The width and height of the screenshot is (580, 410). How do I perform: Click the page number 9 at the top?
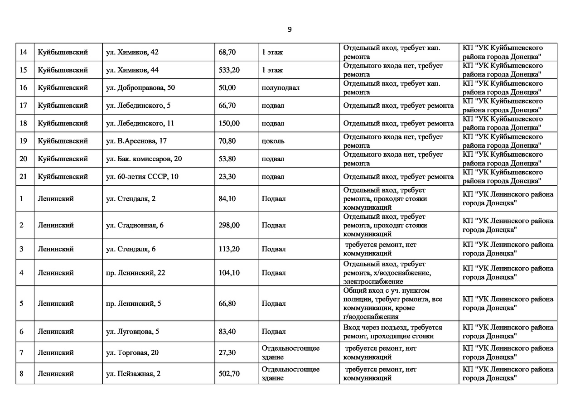point(290,29)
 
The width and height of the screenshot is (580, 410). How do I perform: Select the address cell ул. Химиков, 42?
point(132,52)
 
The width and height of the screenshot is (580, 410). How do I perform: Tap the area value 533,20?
point(229,70)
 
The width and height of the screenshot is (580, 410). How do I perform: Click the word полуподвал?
point(280,88)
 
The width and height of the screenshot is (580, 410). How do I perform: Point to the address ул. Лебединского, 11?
point(140,123)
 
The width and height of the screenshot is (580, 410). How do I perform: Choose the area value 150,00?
point(229,123)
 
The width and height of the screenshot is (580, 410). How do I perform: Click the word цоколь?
point(273,141)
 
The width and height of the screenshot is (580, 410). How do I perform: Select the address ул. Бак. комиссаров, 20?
point(144,159)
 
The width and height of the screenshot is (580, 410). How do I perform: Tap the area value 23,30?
point(227,177)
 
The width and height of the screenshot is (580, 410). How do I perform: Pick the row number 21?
point(24,177)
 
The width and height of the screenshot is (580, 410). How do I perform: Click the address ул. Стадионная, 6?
point(135,225)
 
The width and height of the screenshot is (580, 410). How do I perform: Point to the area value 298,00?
point(229,225)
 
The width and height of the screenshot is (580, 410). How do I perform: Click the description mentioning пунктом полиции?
point(392,304)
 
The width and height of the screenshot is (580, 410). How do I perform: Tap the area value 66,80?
point(227,304)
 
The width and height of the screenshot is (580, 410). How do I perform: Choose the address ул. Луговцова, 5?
point(132,332)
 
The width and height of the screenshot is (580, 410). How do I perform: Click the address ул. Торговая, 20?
point(132,352)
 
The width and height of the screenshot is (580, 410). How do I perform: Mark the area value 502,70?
point(229,374)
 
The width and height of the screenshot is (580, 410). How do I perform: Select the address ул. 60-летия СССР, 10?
point(142,177)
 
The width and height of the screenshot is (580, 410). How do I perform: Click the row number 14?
point(24,52)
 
